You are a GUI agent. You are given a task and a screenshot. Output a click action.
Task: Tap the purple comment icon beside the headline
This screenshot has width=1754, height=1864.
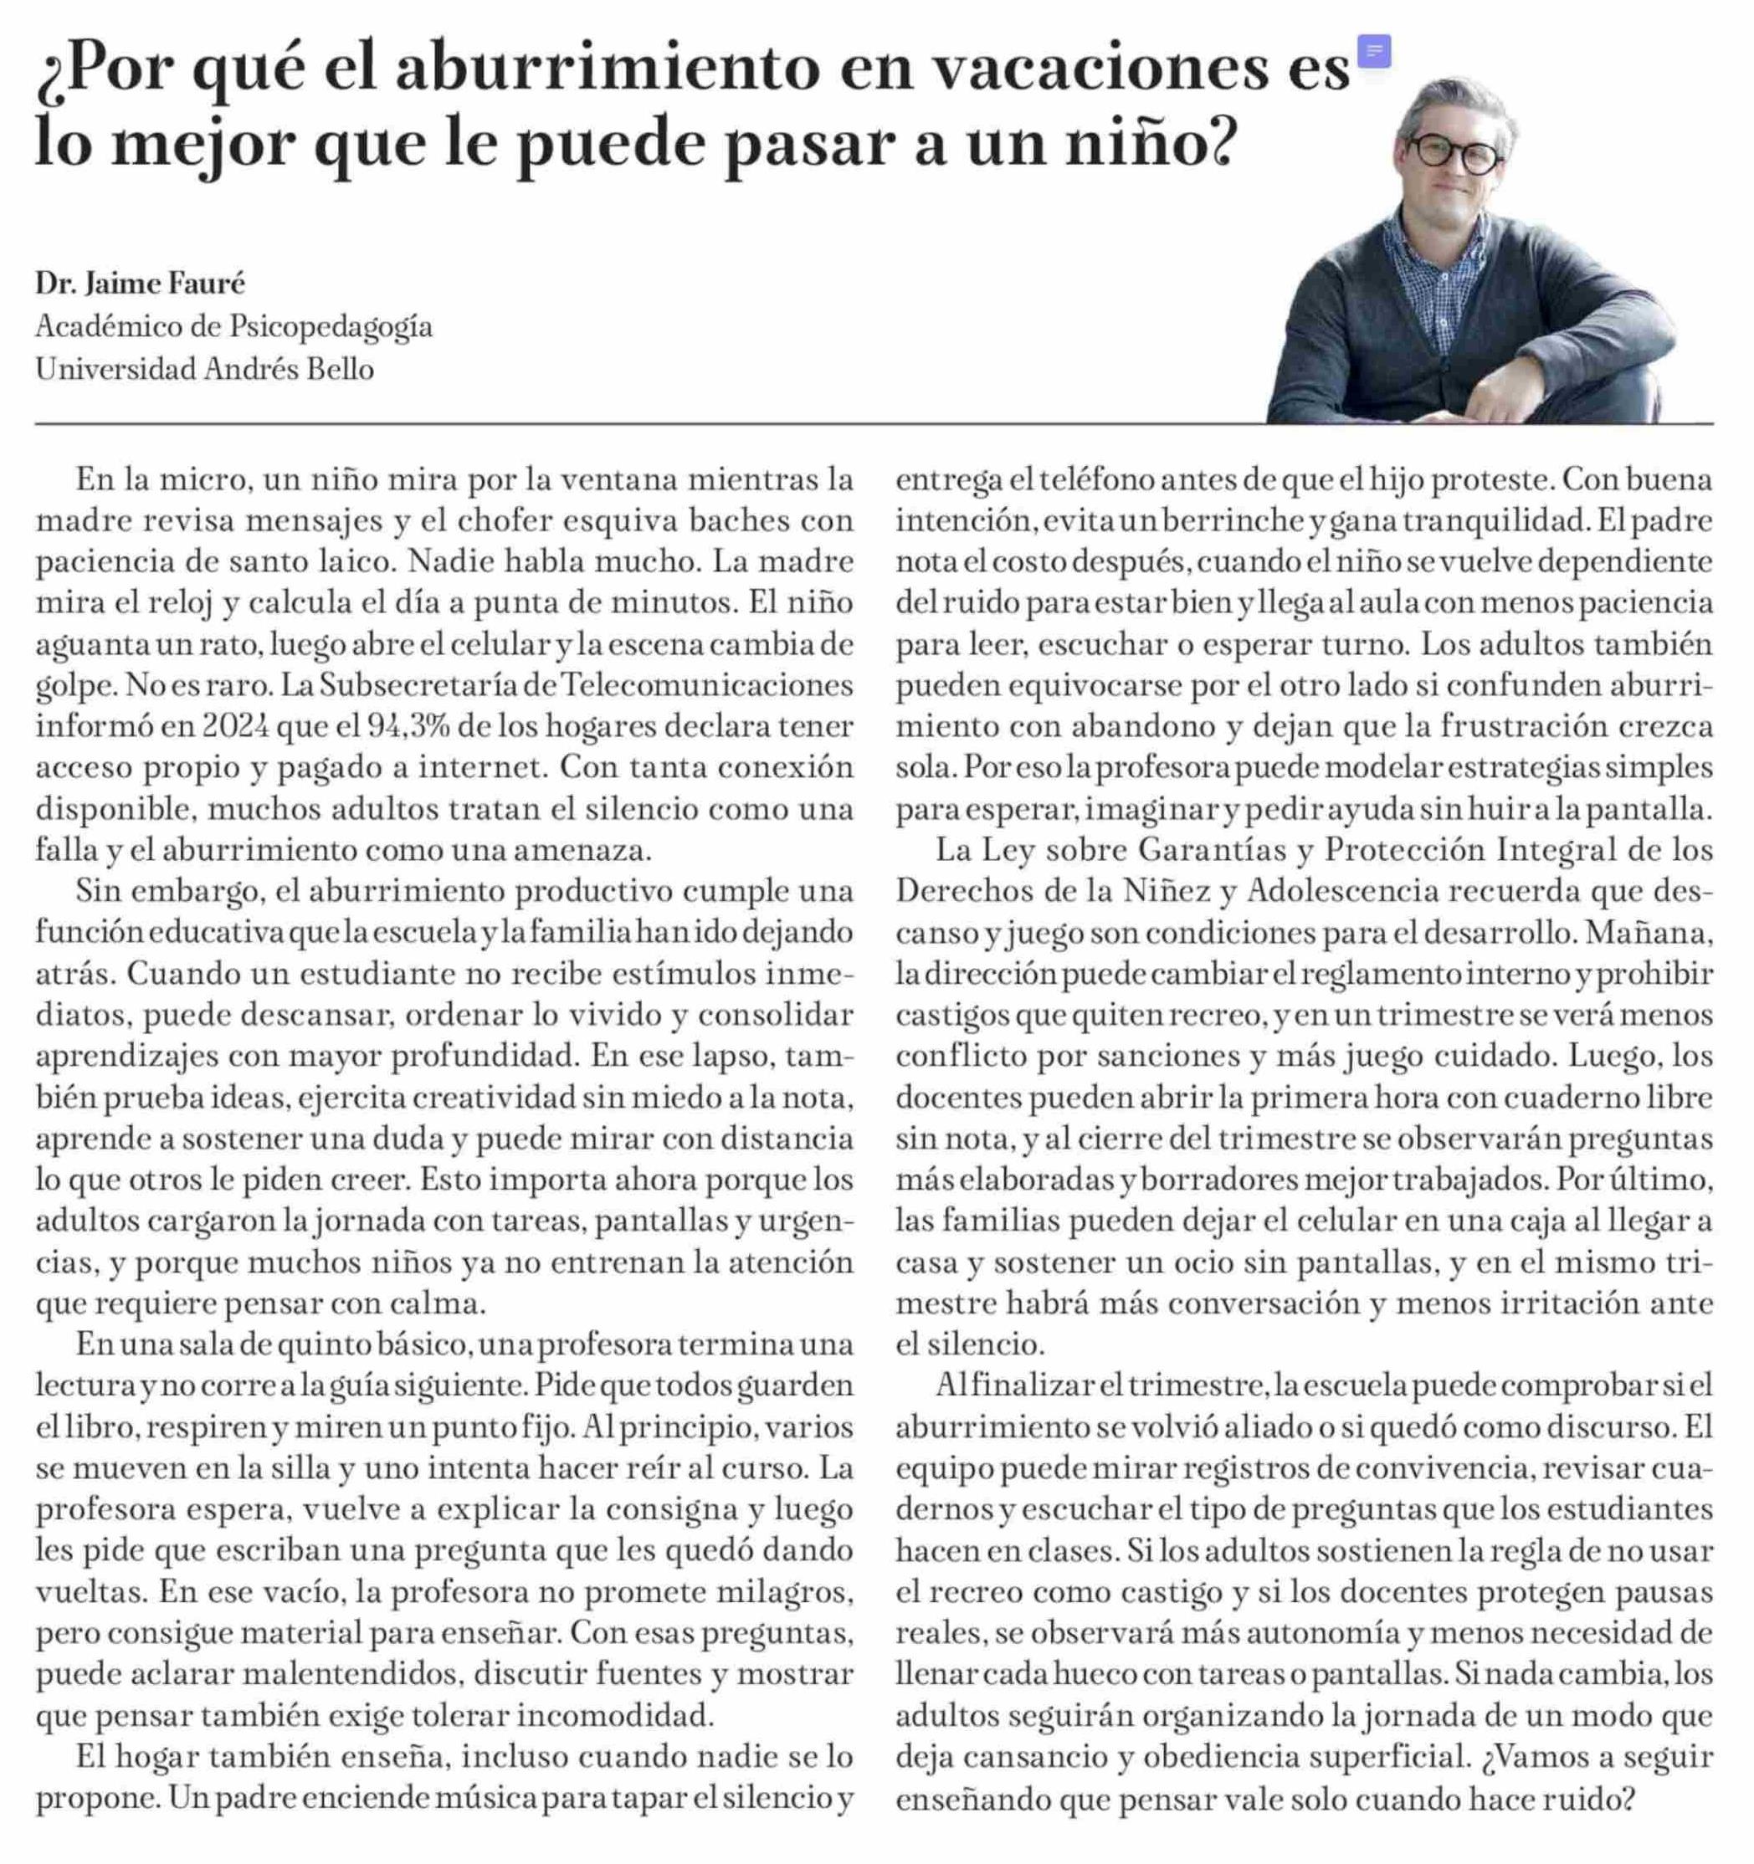point(1375,51)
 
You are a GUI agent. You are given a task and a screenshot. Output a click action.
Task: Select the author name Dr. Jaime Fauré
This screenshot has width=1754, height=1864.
point(140,282)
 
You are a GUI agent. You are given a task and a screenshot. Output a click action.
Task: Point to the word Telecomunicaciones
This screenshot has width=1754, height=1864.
point(707,684)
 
